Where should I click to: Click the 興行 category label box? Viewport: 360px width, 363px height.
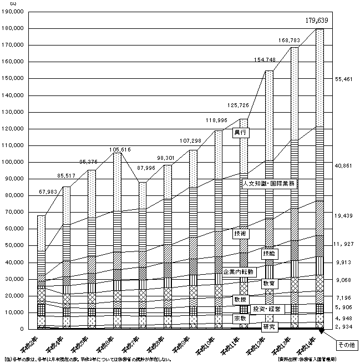[240, 133]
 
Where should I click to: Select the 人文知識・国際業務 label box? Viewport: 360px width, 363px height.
[269, 183]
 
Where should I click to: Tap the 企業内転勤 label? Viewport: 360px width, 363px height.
[237, 272]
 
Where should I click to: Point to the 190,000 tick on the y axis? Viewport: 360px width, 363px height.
[12, 12]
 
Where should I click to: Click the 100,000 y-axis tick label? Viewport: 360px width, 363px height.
[12, 162]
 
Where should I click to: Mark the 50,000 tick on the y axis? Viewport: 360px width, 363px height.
[13, 245]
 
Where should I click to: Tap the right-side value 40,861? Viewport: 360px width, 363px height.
[344, 166]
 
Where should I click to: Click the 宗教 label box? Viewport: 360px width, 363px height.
[241, 318]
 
